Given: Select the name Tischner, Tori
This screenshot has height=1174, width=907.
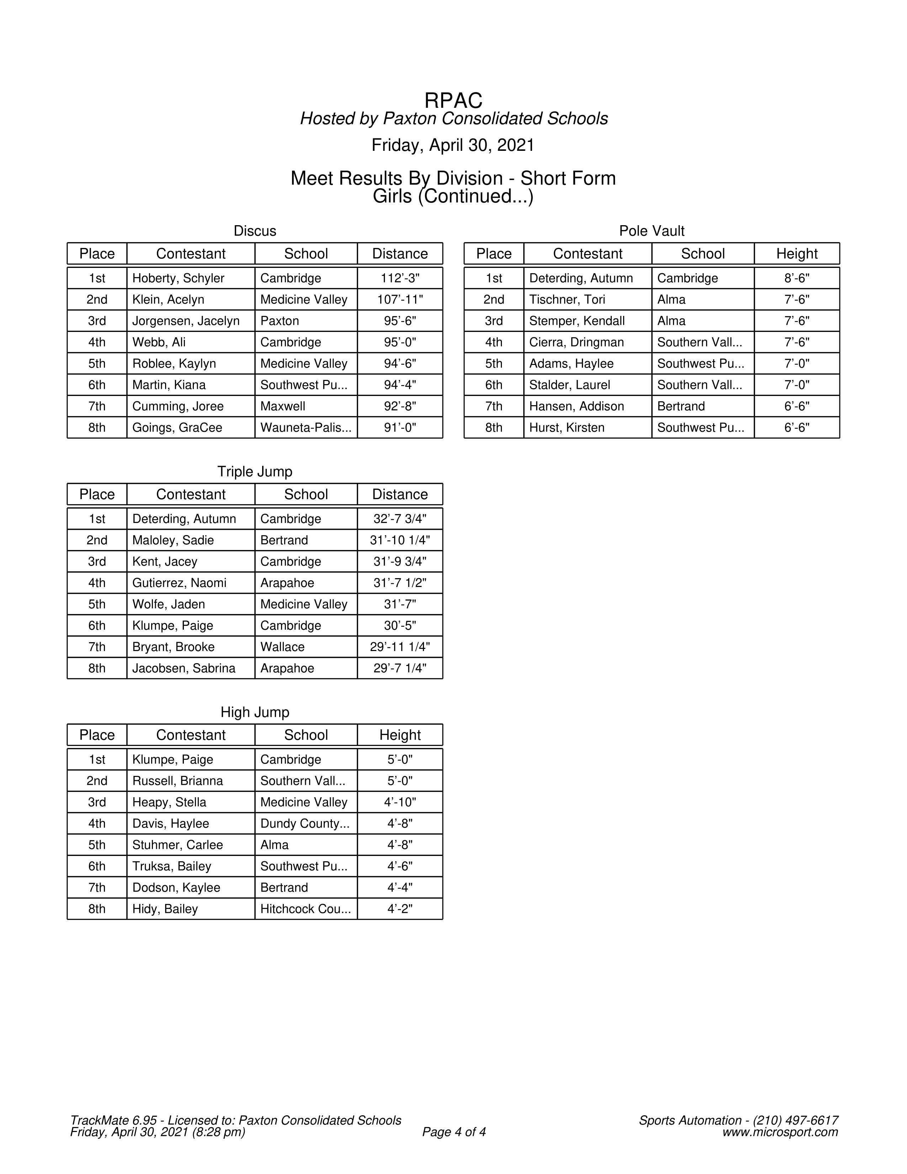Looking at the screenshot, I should [x=567, y=300].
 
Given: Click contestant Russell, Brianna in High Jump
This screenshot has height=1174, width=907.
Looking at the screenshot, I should [x=177, y=781].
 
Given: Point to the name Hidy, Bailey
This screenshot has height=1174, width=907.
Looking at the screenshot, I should [x=165, y=909].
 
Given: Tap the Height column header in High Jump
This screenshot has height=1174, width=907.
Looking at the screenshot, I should [x=400, y=735].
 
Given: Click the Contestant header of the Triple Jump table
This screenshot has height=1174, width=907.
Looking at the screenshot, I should [x=191, y=495].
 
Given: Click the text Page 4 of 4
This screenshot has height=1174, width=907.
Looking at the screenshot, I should [x=454, y=1132].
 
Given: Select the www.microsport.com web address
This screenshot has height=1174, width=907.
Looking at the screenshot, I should [x=780, y=1132].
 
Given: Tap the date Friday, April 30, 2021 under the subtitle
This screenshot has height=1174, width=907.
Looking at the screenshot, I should [x=453, y=146].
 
